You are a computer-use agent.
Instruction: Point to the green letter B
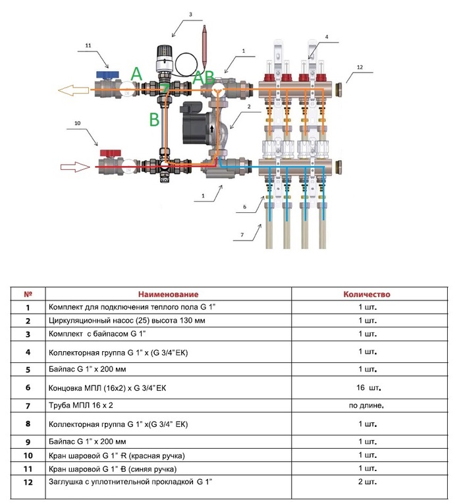[x=154, y=120]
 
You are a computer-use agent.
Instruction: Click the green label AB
[x=203, y=77]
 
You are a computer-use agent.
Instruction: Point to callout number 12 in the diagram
[x=360, y=67]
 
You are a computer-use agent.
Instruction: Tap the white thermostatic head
[x=161, y=60]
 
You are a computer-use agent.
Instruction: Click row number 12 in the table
[x=28, y=482]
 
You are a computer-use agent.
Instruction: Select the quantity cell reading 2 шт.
[x=367, y=482]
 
